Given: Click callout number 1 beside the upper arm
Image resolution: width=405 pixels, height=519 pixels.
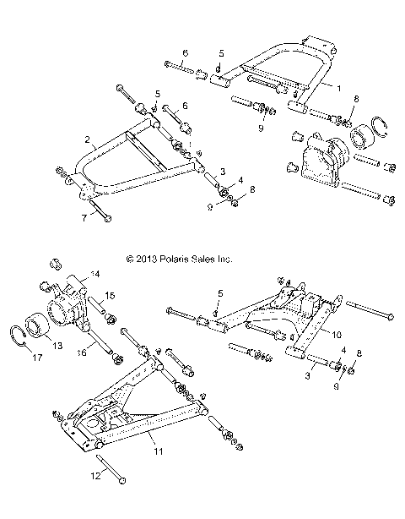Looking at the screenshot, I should pos(340,87).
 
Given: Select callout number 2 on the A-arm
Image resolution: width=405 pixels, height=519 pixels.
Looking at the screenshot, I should pos(88,138).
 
